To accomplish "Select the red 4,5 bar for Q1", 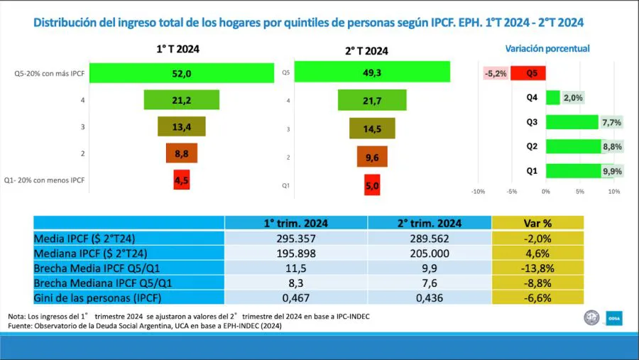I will coord(182,180).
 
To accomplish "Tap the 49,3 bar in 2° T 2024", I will coord(372,72).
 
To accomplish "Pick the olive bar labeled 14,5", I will coord(372,129).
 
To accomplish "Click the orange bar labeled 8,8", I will coord(182,153).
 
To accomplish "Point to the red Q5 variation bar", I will coord(528,72).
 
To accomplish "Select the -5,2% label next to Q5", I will coord(496,72).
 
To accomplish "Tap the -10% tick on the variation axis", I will coord(478,192).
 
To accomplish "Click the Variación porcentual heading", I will coord(547,49).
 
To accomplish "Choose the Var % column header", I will coord(537,222).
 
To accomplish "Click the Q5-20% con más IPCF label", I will coord(50,73).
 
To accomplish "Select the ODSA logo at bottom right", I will coord(613,317).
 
